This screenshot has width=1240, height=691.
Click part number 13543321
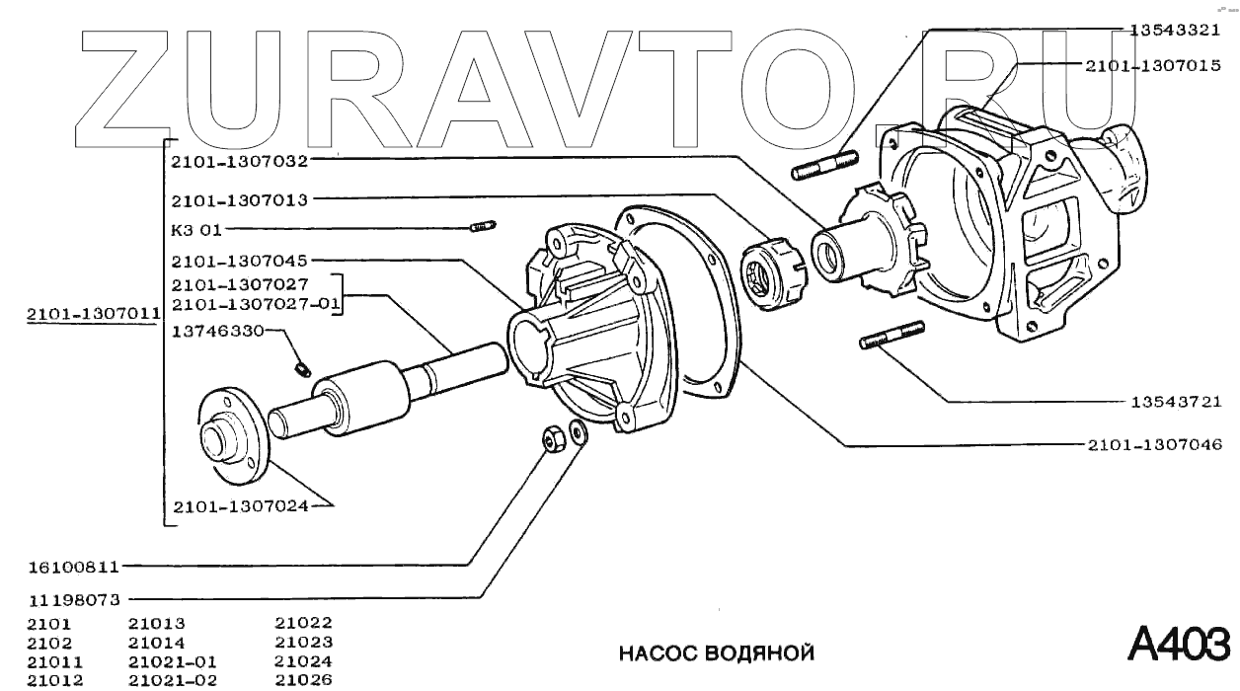(x=1176, y=30)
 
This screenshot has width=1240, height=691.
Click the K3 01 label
(x=196, y=230)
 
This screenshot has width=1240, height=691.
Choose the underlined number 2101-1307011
(x=93, y=315)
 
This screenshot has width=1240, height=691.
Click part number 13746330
(x=218, y=332)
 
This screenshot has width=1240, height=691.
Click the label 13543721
(x=1176, y=402)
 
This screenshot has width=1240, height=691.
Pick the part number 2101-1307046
(x=1153, y=445)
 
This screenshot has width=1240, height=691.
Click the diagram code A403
(x=1179, y=644)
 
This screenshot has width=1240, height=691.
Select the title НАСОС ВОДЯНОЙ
(x=717, y=653)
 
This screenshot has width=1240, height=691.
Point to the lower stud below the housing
(x=891, y=335)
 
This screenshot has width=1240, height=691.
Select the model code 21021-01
(x=173, y=661)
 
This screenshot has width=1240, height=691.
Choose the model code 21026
(x=303, y=679)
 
